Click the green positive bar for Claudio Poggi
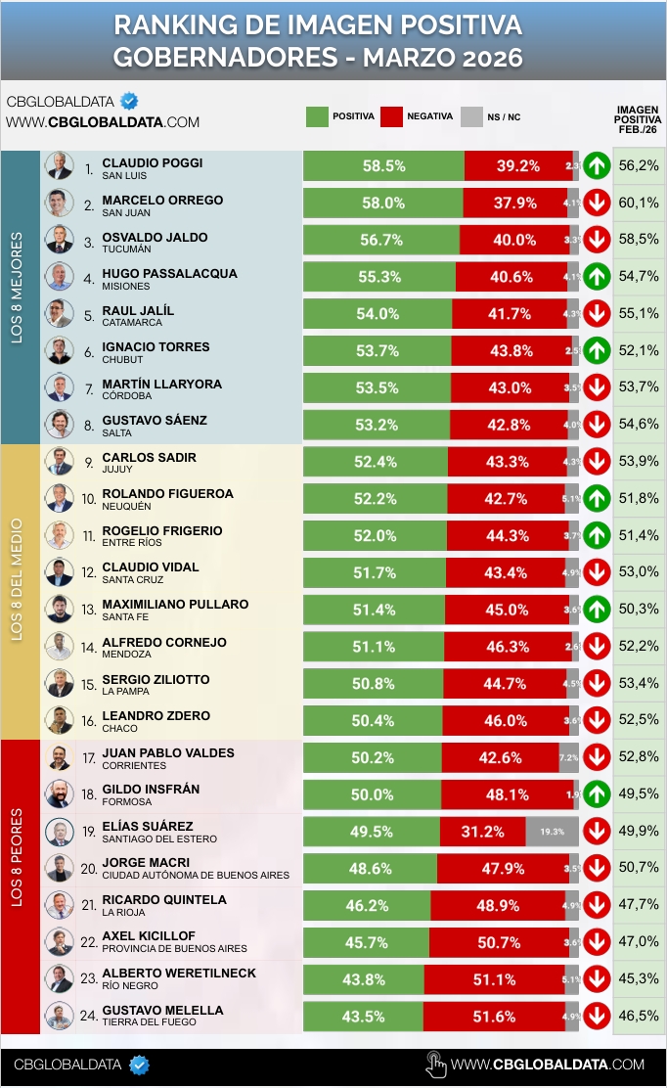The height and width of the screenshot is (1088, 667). (383, 166)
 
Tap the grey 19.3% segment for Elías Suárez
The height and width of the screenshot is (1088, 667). (553, 832)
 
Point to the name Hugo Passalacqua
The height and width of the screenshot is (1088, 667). (169, 274)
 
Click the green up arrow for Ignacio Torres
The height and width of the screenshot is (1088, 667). (597, 350)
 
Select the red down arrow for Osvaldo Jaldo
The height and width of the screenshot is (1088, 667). (597, 240)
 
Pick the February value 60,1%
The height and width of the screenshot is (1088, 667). (639, 203)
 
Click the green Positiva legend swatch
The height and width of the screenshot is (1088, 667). (317, 116)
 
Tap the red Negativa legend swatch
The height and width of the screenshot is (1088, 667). (392, 116)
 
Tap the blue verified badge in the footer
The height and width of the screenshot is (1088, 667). (140, 1065)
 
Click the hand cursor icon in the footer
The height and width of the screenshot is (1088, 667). (436, 1065)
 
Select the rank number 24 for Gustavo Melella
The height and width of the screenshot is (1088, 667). (88, 1016)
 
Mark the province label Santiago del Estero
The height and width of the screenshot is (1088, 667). (159, 839)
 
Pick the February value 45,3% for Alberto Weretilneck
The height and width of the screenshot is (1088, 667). (639, 978)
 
